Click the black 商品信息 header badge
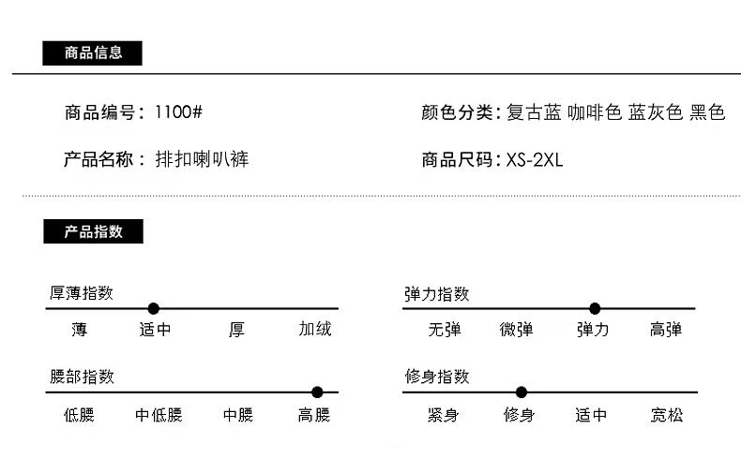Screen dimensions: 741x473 92,53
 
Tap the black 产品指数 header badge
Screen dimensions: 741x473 93,231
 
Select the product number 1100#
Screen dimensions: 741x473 178,112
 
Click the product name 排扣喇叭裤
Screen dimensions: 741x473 202,159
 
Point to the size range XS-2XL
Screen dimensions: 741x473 535,159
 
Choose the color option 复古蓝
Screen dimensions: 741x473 534,112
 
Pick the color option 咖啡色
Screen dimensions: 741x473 595,112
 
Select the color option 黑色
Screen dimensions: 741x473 707,112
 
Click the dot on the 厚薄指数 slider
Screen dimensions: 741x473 154,308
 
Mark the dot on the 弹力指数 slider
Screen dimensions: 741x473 595,308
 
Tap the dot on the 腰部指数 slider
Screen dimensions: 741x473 317,392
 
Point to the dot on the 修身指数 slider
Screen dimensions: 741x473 522,392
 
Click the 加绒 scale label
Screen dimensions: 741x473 315,330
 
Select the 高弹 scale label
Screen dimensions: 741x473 666,330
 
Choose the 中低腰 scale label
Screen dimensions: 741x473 159,415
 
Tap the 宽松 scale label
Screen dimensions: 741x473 667,415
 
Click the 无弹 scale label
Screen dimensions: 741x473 445,330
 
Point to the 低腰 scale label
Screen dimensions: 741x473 79,415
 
